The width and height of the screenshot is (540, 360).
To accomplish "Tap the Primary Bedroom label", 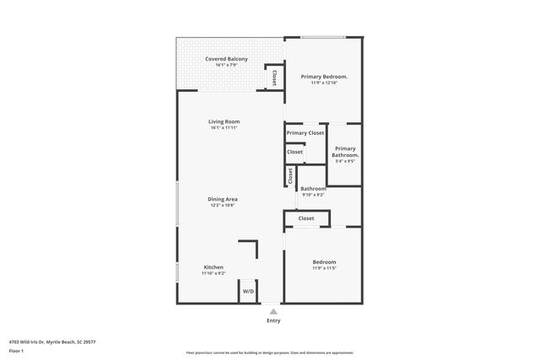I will pos(324,77).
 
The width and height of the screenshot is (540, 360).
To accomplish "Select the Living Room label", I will pos(224,122).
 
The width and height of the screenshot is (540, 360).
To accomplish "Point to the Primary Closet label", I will pos(305,133).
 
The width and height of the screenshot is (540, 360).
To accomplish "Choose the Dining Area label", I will pos(223,199).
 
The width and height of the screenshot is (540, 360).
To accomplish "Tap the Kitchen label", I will pos(213,267).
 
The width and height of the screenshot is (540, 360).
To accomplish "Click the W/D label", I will pos(248,292).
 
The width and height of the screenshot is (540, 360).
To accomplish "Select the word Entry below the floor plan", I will pos(273,320).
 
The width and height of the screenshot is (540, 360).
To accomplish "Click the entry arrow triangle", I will pos(273,310).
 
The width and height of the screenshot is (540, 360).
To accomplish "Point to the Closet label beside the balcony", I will pos(274,78).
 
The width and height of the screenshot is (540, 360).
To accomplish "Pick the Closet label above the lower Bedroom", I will pos(305,218).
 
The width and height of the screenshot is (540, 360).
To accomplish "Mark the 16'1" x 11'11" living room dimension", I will pos(224,128).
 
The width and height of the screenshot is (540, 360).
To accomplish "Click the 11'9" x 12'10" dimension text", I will pos(324,83).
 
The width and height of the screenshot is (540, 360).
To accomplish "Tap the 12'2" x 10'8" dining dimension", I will pos(223,205).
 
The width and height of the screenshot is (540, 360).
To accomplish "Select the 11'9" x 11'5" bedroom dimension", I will pos(324,268).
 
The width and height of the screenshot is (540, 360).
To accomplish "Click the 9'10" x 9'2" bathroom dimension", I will pos(313,195).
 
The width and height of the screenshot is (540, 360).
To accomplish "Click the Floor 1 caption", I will pos(15,350).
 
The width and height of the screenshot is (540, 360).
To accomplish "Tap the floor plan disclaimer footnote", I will pos(269,352).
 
